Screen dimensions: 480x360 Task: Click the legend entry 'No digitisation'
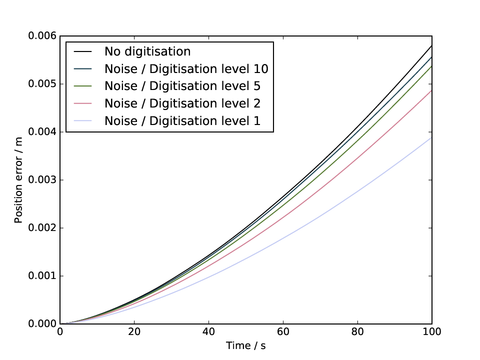click(147, 51)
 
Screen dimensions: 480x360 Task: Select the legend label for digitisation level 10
click(186, 69)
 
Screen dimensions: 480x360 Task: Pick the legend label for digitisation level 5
click(182, 86)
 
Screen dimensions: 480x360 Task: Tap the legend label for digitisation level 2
click(182, 103)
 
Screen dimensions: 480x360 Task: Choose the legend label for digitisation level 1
click(182, 121)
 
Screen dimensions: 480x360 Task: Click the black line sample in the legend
click(82, 51)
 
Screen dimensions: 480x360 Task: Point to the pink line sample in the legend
click(82, 104)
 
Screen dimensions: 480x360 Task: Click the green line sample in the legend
click(82, 86)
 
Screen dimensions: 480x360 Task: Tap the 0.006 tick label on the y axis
click(42, 36)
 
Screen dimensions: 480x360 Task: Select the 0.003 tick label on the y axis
click(42, 179)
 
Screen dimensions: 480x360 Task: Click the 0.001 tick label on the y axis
click(42, 276)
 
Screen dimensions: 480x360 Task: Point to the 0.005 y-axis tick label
click(42, 84)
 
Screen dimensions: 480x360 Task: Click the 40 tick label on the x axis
click(209, 331)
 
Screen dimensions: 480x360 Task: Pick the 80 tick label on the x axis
click(357, 331)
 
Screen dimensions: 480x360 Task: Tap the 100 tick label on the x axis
click(432, 331)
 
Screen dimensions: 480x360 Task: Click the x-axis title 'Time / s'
click(246, 345)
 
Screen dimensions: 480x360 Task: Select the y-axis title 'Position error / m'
click(18, 180)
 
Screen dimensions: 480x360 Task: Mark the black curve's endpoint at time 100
click(431, 45)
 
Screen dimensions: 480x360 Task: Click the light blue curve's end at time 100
click(431, 137)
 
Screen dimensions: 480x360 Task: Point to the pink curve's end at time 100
click(431, 90)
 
